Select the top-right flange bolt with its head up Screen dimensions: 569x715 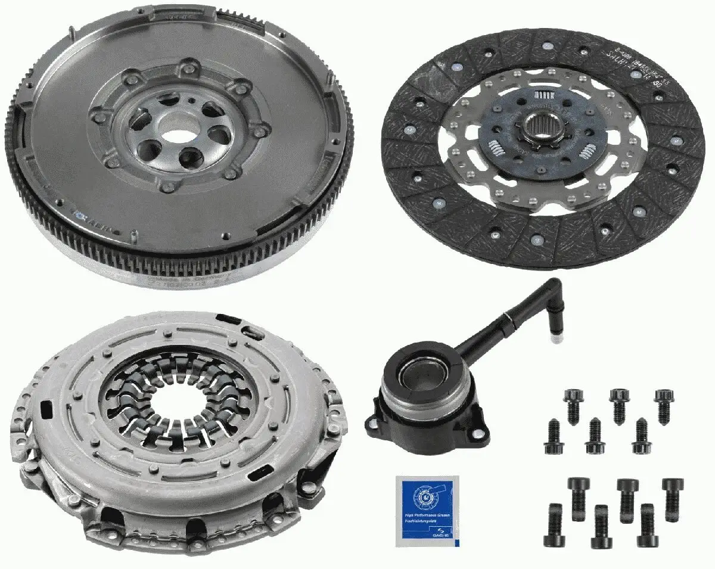coord(663,403)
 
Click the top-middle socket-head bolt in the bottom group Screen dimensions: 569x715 coord(627,493)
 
